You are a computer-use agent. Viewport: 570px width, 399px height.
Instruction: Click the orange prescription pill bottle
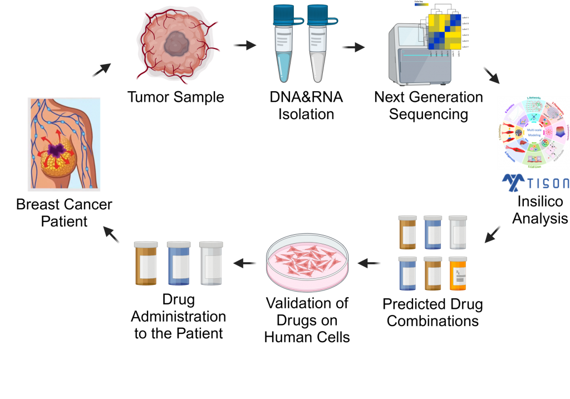(458, 274)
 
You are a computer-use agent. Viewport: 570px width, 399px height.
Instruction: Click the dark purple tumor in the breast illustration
(56, 150)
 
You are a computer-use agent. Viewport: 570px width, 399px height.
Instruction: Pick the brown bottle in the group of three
(146, 263)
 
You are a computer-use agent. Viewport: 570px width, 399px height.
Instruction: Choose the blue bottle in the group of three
(179, 263)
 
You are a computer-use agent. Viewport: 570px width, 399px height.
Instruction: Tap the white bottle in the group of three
(212, 263)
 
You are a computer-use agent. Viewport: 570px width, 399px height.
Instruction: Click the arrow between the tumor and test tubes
(244, 45)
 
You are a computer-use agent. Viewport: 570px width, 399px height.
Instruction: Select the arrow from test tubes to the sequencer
(352, 47)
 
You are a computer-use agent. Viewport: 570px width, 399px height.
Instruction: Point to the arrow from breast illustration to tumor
(101, 70)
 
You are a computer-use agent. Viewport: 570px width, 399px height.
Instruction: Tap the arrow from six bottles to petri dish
(369, 263)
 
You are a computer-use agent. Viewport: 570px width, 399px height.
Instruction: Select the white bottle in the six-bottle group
(458, 232)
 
